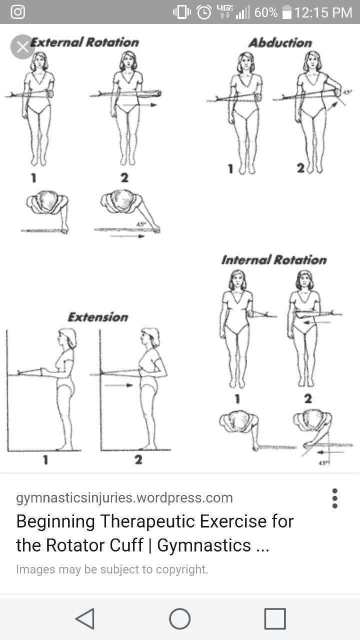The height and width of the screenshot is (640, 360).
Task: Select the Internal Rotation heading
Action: [x=273, y=260]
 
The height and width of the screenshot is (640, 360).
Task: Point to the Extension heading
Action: [x=98, y=317]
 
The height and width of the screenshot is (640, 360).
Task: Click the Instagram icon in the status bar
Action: [x=17, y=12]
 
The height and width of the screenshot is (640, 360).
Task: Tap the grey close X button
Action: [x=22, y=47]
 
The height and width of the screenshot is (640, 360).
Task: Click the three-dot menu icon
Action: [x=334, y=498]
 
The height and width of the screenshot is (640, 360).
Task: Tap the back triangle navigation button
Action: [x=85, y=618]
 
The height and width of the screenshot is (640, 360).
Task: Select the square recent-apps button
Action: [x=275, y=618]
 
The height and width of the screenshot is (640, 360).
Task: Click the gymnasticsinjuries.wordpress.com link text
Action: [x=124, y=498]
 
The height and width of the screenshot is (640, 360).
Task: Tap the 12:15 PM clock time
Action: [x=323, y=12]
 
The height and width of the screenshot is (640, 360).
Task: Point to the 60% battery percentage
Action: [x=266, y=12]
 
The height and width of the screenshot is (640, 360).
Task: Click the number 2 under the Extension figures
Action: [x=138, y=460]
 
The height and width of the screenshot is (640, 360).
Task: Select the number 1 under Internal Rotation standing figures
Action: [x=237, y=398]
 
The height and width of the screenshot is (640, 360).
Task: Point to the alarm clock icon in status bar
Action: [x=204, y=12]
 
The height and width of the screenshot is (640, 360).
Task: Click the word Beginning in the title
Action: [x=55, y=521]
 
